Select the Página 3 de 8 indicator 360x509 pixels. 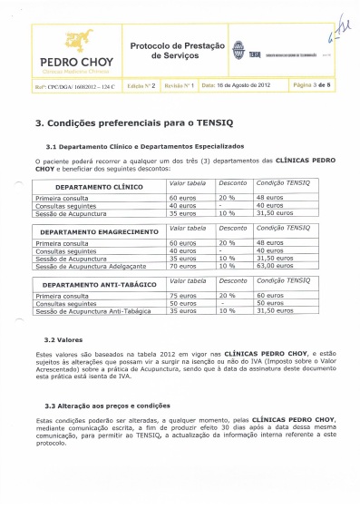(314, 83)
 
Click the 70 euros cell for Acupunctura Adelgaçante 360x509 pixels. (185, 266)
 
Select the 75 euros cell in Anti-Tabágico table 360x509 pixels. (185, 296)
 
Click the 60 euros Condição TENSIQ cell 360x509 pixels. (272, 296)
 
